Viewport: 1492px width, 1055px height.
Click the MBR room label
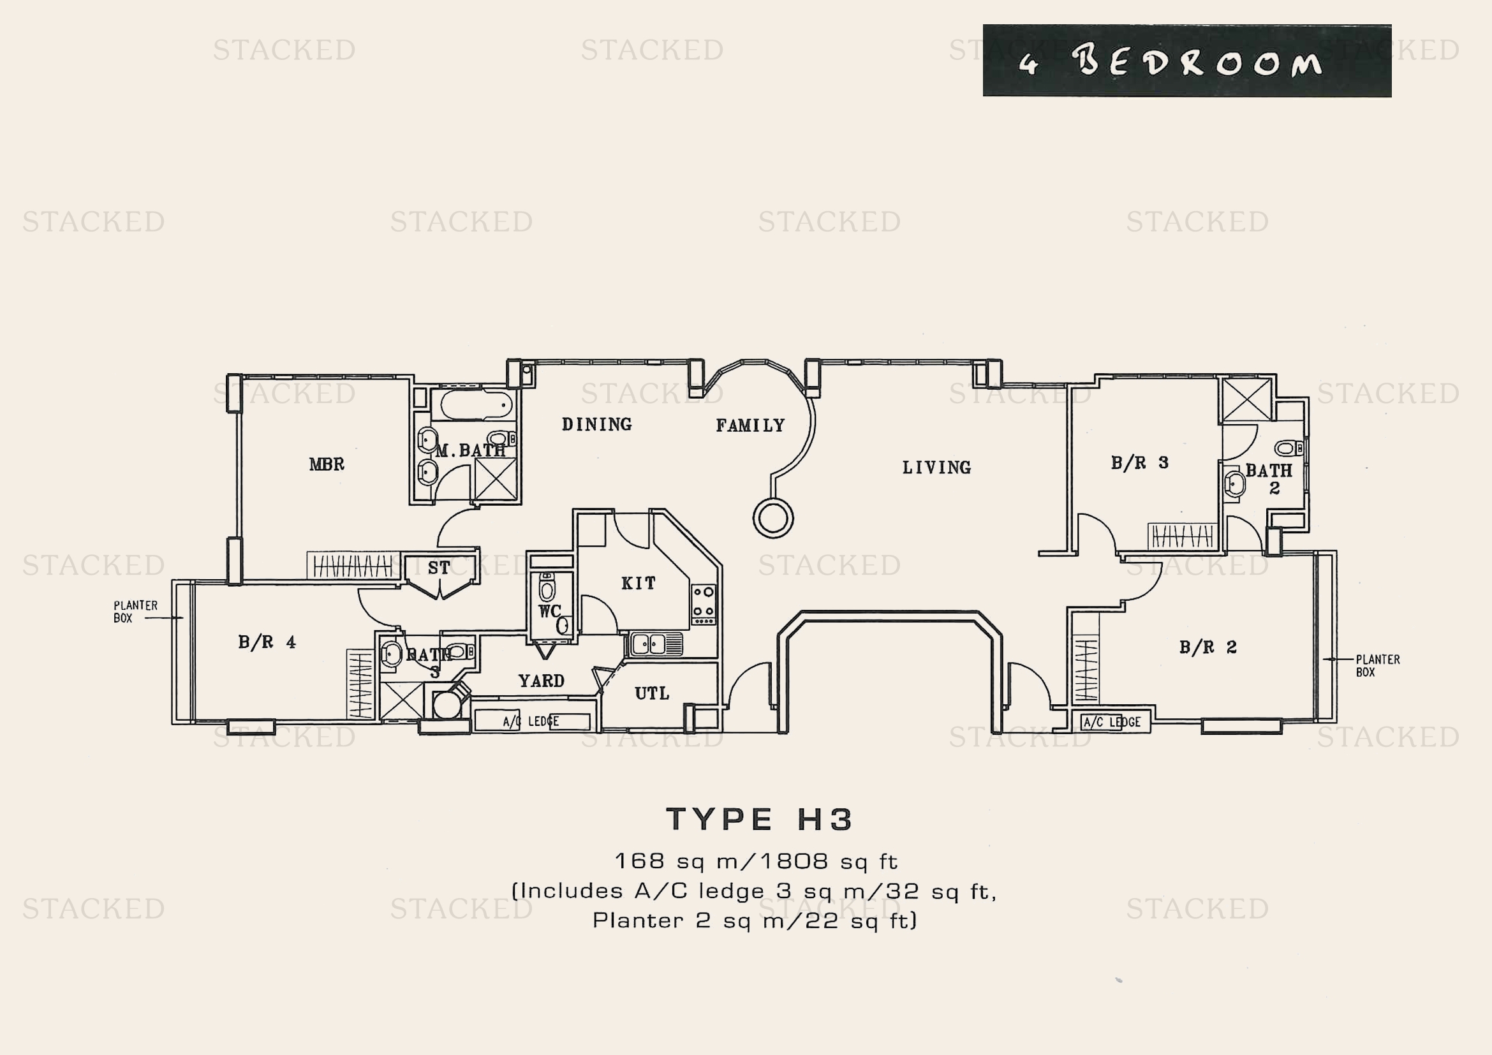pyautogui.click(x=326, y=464)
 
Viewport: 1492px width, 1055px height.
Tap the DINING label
pyautogui.click(x=596, y=425)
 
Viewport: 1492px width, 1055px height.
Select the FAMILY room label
pyautogui.click(x=750, y=426)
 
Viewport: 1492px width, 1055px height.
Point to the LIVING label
pyautogui.click(x=936, y=468)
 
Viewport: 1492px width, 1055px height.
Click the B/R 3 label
pyautogui.click(x=1139, y=463)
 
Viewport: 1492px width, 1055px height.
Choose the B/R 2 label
pyautogui.click(x=1208, y=647)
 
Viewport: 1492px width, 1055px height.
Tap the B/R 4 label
pyautogui.click(x=267, y=642)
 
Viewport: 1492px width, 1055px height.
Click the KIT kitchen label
pyautogui.click(x=638, y=584)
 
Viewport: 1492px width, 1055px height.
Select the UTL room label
pyautogui.click(x=652, y=694)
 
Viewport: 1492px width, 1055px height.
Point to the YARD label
pyautogui.click(x=542, y=681)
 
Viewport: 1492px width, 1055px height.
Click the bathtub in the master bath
pyautogui.click(x=476, y=406)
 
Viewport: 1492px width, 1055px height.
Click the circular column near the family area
pyautogui.click(x=772, y=519)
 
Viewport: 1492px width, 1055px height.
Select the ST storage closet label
pyautogui.click(x=439, y=568)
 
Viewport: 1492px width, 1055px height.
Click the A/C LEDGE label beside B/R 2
pyautogui.click(x=1112, y=722)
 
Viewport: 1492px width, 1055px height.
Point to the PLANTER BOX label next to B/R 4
pyautogui.click(x=135, y=611)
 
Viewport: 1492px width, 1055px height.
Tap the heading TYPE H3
pyautogui.click(x=759, y=819)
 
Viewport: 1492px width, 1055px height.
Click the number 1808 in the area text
pyautogui.click(x=794, y=861)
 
